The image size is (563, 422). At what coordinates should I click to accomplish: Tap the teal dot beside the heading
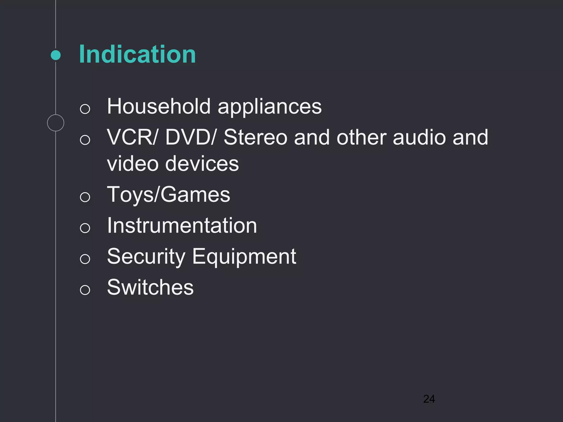click(x=56, y=55)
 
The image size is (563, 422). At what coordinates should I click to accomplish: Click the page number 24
click(x=429, y=399)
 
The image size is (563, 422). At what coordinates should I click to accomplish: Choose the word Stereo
click(x=255, y=137)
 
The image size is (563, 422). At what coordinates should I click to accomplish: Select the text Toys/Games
click(x=169, y=195)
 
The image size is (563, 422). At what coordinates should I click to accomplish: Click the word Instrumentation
click(x=182, y=226)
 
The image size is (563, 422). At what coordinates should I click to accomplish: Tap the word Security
click(x=146, y=257)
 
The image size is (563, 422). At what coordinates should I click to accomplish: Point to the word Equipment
click(x=244, y=257)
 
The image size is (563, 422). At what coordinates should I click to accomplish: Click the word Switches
click(x=150, y=287)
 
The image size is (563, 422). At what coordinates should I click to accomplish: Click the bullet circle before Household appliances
click(x=85, y=109)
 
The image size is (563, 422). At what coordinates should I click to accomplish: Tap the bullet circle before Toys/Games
click(x=85, y=197)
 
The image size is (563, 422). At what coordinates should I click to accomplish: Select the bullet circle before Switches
click(x=85, y=290)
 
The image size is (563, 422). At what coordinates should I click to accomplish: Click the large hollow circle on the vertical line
click(x=56, y=123)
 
